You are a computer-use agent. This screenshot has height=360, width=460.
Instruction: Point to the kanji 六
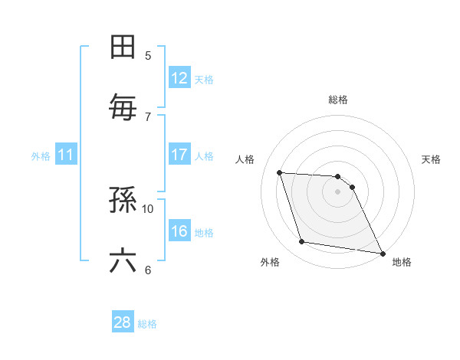[123, 261]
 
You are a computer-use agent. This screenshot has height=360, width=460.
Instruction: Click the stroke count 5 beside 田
[148, 55]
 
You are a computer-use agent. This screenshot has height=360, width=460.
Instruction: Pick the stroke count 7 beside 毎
[148, 116]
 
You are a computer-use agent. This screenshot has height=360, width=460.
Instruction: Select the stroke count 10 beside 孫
[148, 208]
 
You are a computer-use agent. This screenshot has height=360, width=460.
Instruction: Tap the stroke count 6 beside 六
[148, 270]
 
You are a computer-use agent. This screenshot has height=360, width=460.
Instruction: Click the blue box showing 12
[179, 78]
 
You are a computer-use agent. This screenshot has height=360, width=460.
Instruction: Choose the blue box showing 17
[179, 155]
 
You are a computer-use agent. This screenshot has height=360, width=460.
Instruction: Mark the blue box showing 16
[179, 231]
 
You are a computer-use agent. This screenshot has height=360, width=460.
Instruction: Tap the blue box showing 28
[123, 322]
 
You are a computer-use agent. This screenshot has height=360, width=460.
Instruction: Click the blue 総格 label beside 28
[147, 324]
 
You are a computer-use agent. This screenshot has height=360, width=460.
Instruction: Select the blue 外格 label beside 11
[41, 156]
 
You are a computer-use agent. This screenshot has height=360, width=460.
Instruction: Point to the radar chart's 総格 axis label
[338, 100]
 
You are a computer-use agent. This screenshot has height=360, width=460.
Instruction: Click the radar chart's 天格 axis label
[432, 159]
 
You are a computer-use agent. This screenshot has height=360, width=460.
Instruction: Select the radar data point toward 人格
[280, 172]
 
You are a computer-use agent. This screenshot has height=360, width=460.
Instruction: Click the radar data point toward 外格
[302, 243]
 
